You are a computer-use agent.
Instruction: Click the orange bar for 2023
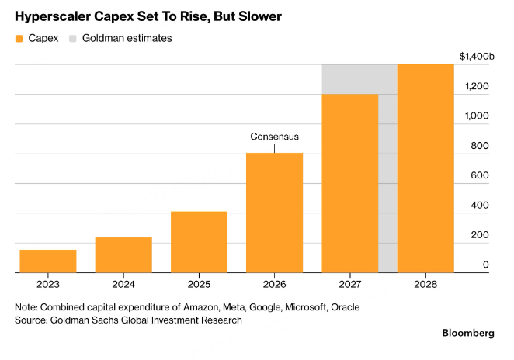[x=48, y=261]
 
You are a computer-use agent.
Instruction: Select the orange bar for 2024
[x=123, y=254]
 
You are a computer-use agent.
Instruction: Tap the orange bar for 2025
[x=199, y=242]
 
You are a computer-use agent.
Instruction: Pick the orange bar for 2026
[x=274, y=213]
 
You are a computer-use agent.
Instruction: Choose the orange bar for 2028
[x=425, y=168]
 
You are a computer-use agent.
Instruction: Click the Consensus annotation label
[x=274, y=137]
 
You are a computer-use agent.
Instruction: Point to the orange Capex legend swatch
[x=19, y=39]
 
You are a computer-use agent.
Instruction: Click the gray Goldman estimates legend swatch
[x=73, y=39]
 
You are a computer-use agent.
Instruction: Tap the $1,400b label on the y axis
[x=477, y=57]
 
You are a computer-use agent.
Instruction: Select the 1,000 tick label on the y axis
[x=477, y=116]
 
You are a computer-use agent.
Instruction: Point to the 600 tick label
[x=480, y=175]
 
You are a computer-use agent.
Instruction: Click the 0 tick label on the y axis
[x=486, y=265]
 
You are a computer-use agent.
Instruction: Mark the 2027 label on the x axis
[x=349, y=284]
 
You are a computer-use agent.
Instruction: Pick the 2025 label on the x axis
[x=199, y=284]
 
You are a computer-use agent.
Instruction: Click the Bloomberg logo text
[x=468, y=333]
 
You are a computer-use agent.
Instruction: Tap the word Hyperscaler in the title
[x=53, y=16]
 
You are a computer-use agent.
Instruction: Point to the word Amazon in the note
[x=201, y=307]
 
